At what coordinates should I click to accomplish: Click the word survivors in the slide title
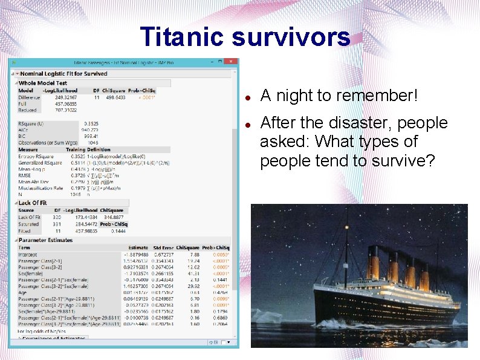pyautogui.click(x=291, y=37)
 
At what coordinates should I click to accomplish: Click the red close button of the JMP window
pyautogui.click(x=231, y=62)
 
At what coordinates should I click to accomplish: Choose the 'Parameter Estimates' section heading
pyautogui.click(x=45, y=240)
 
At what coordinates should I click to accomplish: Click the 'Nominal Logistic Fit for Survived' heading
pyautogui.click(x=63, y=74)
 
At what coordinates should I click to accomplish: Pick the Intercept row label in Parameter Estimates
pyautogui.click(x=28, y=255)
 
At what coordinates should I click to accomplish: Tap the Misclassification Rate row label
pyautogui.click(x=41, y=188)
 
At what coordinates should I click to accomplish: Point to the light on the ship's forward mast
pyautogui.click(x=459, y=252)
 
